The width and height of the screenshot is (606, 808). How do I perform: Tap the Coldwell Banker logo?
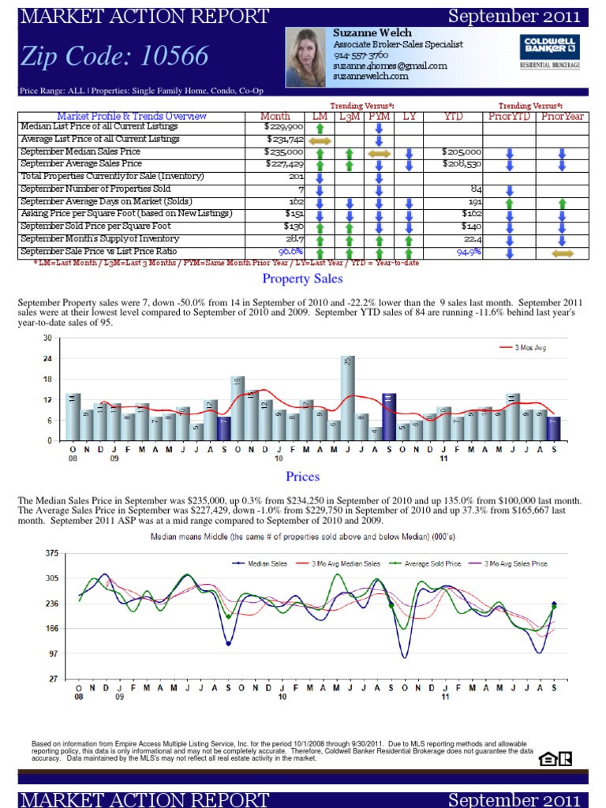pos(549,51)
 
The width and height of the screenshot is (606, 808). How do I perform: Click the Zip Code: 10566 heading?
pos(115,56)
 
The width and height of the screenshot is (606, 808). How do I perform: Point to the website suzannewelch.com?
pos(370,77)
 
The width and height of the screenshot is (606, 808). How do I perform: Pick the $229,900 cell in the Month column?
pos(284,126)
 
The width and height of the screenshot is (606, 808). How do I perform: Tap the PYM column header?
pos(379,116)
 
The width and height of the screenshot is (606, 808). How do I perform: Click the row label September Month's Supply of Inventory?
pos(99,239)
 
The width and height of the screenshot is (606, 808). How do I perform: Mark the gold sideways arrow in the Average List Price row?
pos(320,139)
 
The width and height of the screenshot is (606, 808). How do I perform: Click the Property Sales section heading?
pos(302,279)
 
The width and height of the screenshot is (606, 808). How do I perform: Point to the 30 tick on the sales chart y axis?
pos(47,338)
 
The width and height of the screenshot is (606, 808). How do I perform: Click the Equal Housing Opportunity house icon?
pos(546,759)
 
